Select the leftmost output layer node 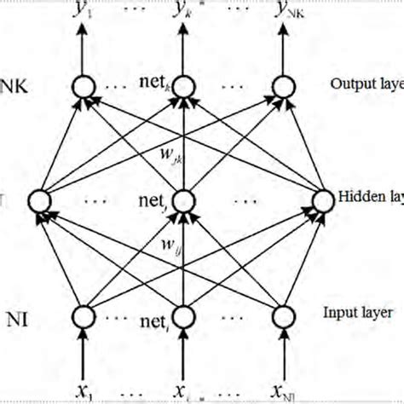click(84, 86)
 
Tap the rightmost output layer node click(284, 86)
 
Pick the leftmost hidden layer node click(39, 201)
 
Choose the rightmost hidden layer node click(322, 201)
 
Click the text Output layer click(363, 84)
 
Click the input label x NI click(286, 390)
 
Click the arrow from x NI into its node click(284, 354)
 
